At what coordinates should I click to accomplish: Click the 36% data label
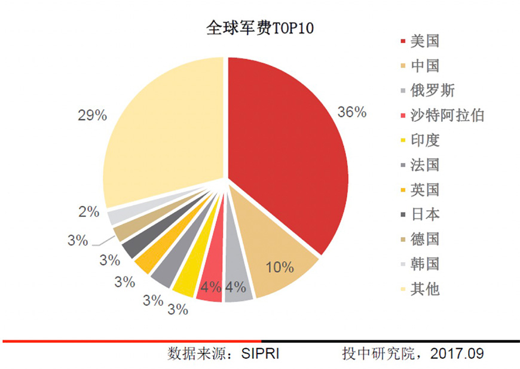(x=351, y=112)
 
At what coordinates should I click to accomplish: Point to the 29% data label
(x=92, y=116)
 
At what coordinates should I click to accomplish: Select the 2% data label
(x=88, y=211)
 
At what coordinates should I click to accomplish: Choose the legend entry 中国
(x=425, y=66)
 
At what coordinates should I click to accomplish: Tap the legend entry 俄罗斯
(x=432, y=91)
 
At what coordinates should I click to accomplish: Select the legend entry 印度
(x=425, y=140)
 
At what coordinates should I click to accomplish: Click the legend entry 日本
(x=425, y=214)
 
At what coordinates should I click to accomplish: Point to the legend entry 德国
(x=425, y=239)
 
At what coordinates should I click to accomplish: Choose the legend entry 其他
(x=425, y=288)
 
